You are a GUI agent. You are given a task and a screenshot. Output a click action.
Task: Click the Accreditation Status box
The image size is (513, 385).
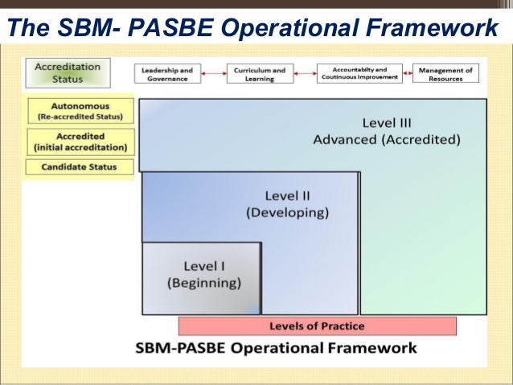point(67,73)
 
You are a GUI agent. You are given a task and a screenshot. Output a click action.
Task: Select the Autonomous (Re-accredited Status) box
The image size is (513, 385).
point(80,111)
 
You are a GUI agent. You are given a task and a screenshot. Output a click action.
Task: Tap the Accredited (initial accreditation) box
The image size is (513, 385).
point(80,141)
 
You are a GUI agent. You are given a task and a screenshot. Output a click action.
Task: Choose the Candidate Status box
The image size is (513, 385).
point(80,167)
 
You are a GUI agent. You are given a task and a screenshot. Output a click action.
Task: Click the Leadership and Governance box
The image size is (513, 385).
point(167,74)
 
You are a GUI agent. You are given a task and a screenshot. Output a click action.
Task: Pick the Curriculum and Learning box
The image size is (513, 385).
point(259,74)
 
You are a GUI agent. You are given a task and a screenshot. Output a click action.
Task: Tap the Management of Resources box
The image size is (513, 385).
point(447,74)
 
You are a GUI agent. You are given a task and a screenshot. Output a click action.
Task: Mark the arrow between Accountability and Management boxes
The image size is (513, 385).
point(407,74)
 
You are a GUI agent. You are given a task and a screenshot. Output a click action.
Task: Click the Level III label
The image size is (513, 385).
point(387,123)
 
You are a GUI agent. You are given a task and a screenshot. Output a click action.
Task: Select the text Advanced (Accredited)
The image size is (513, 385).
point(387,140)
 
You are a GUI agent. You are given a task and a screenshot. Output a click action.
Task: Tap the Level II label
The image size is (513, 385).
point(287,195)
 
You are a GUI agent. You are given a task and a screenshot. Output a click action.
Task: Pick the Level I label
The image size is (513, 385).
point(203,265)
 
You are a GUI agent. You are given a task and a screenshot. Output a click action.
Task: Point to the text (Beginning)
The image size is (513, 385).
point(203,283)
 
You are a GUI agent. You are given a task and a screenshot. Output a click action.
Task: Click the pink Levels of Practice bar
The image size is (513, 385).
point(317,326)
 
